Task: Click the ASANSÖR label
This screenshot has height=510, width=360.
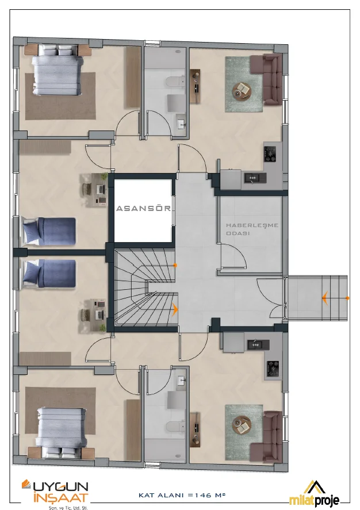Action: pyautogui.click(x=143, y=208)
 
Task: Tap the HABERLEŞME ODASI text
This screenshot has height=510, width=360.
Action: pyautogui.click(x=252, y=229)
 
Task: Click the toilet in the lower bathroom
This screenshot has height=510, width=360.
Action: pyautogui.click(x=175, y=426)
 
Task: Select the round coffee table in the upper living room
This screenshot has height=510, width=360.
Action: pyautogui.click(x=242, y=90)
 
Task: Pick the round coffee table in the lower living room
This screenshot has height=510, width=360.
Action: pyautogui.click(x=242, y=425)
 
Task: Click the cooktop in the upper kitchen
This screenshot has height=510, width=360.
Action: pyautogui.click(x=270, y=154)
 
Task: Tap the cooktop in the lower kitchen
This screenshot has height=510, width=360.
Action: pyautogui.click(x=273, y=368)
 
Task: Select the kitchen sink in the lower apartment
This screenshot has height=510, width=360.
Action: pyautogui.click(x=258, y=344)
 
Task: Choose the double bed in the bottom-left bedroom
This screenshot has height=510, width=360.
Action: pyautogui.click(x=61, y=432)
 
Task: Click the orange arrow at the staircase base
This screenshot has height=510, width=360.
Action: pyautogui.click(x=175, y=310)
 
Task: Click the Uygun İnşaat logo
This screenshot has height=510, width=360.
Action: pyautogui.click(x=55, y=494)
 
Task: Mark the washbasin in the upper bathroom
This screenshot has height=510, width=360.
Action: pyautogui.click(x=182, y=124)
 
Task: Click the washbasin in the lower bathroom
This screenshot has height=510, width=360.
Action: pyautogui.click(x=182, y=381)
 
